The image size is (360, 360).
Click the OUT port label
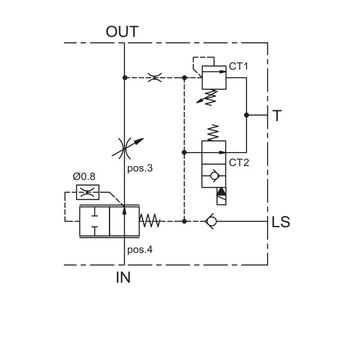pyautogui.click(x=122, y=31)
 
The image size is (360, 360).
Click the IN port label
pyautogui.click(x=123, y=277)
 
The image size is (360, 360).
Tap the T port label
pyautogui.click(x=277, y=116)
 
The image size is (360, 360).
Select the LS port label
pyautogui.click(x=281, y=222)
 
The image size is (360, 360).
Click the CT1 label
pyautogui.click(x=238, y=66)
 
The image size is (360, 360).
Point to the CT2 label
pyautogui.click(x=239, y=162)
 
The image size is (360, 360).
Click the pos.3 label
pyautogui.click(x=140, y=168)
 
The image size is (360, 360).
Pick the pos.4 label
pyautogui.click(x=140, y=250)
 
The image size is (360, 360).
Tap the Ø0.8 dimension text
pyautogui.click(x=84, y=176)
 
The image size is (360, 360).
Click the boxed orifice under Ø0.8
pyautogui.click(x=88, y=192)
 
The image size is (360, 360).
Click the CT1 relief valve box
pyautogui.click(x=214, y=77)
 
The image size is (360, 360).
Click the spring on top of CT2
pyautogui.click(x=213, y=133)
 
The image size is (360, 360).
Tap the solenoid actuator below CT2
pyautogui.click(x=221, y=196)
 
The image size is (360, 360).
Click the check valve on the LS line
pyautogui.click(x=211, y=221)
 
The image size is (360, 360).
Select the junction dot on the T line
pyautogui.click(x=246, y=115)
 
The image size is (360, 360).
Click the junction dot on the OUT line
pyautogui.click(x=125, y=77)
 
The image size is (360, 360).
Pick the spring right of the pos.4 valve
pyautogui.click(x=150, y=221)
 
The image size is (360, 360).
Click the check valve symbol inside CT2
pyautogui.click(x=215, y=175)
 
